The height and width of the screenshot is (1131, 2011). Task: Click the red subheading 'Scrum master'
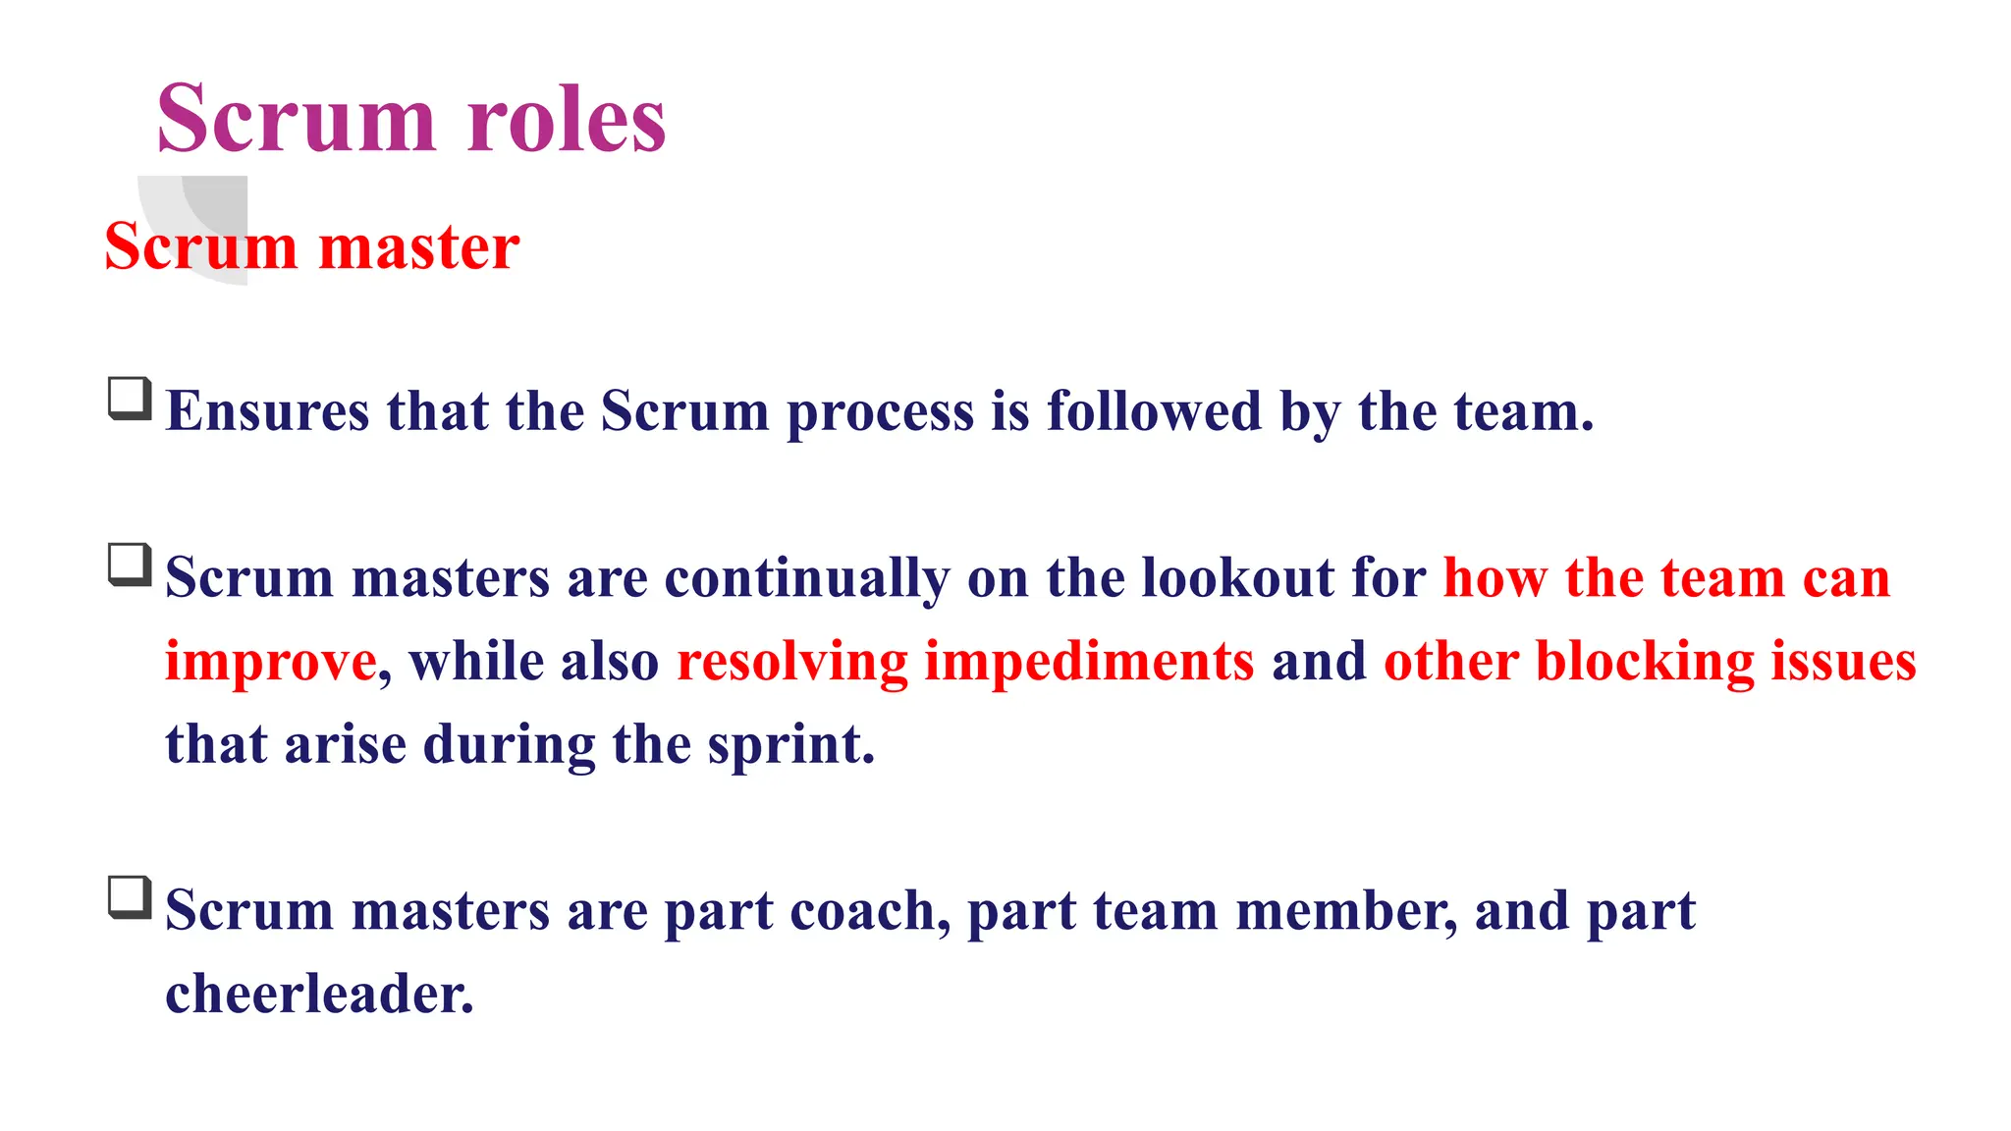(311, 246)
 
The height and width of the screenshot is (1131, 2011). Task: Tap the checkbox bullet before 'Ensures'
(130, 399)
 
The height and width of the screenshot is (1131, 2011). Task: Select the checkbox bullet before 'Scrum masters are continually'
(130, 565)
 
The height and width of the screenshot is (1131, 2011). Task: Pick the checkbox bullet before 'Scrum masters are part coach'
(130, 898)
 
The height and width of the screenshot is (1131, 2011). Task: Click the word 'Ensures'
(267, 410)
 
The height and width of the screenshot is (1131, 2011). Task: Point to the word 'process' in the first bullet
(880, 412)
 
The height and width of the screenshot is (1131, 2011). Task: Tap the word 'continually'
(807, 578)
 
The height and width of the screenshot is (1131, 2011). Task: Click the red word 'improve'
(271, 662)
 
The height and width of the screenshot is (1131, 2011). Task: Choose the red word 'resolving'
(792, 662)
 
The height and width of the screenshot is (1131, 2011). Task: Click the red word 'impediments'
(1089, 662)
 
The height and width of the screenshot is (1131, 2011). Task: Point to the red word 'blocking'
(1645, 661)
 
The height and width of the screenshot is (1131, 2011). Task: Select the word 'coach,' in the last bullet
(870, 911)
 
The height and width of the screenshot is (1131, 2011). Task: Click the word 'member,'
(1346, 911)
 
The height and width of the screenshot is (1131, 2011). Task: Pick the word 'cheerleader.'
(319, 994)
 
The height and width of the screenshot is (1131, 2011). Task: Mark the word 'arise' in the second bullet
(346, 744)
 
